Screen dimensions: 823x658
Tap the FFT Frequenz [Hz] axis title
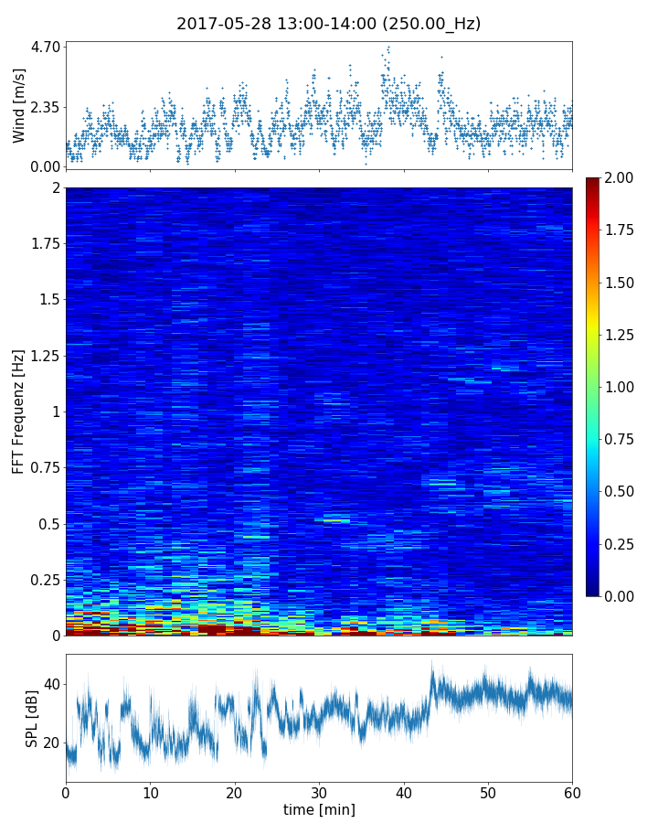click(19, 411)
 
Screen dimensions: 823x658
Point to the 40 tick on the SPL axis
click(51, 684)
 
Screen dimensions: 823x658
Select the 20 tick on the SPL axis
click(51, 743)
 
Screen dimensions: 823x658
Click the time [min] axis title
click(319, 809)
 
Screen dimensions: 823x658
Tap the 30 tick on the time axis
click(319, 791)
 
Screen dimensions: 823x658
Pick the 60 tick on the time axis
click(572, 791)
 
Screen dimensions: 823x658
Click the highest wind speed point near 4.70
click(388, 48)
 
